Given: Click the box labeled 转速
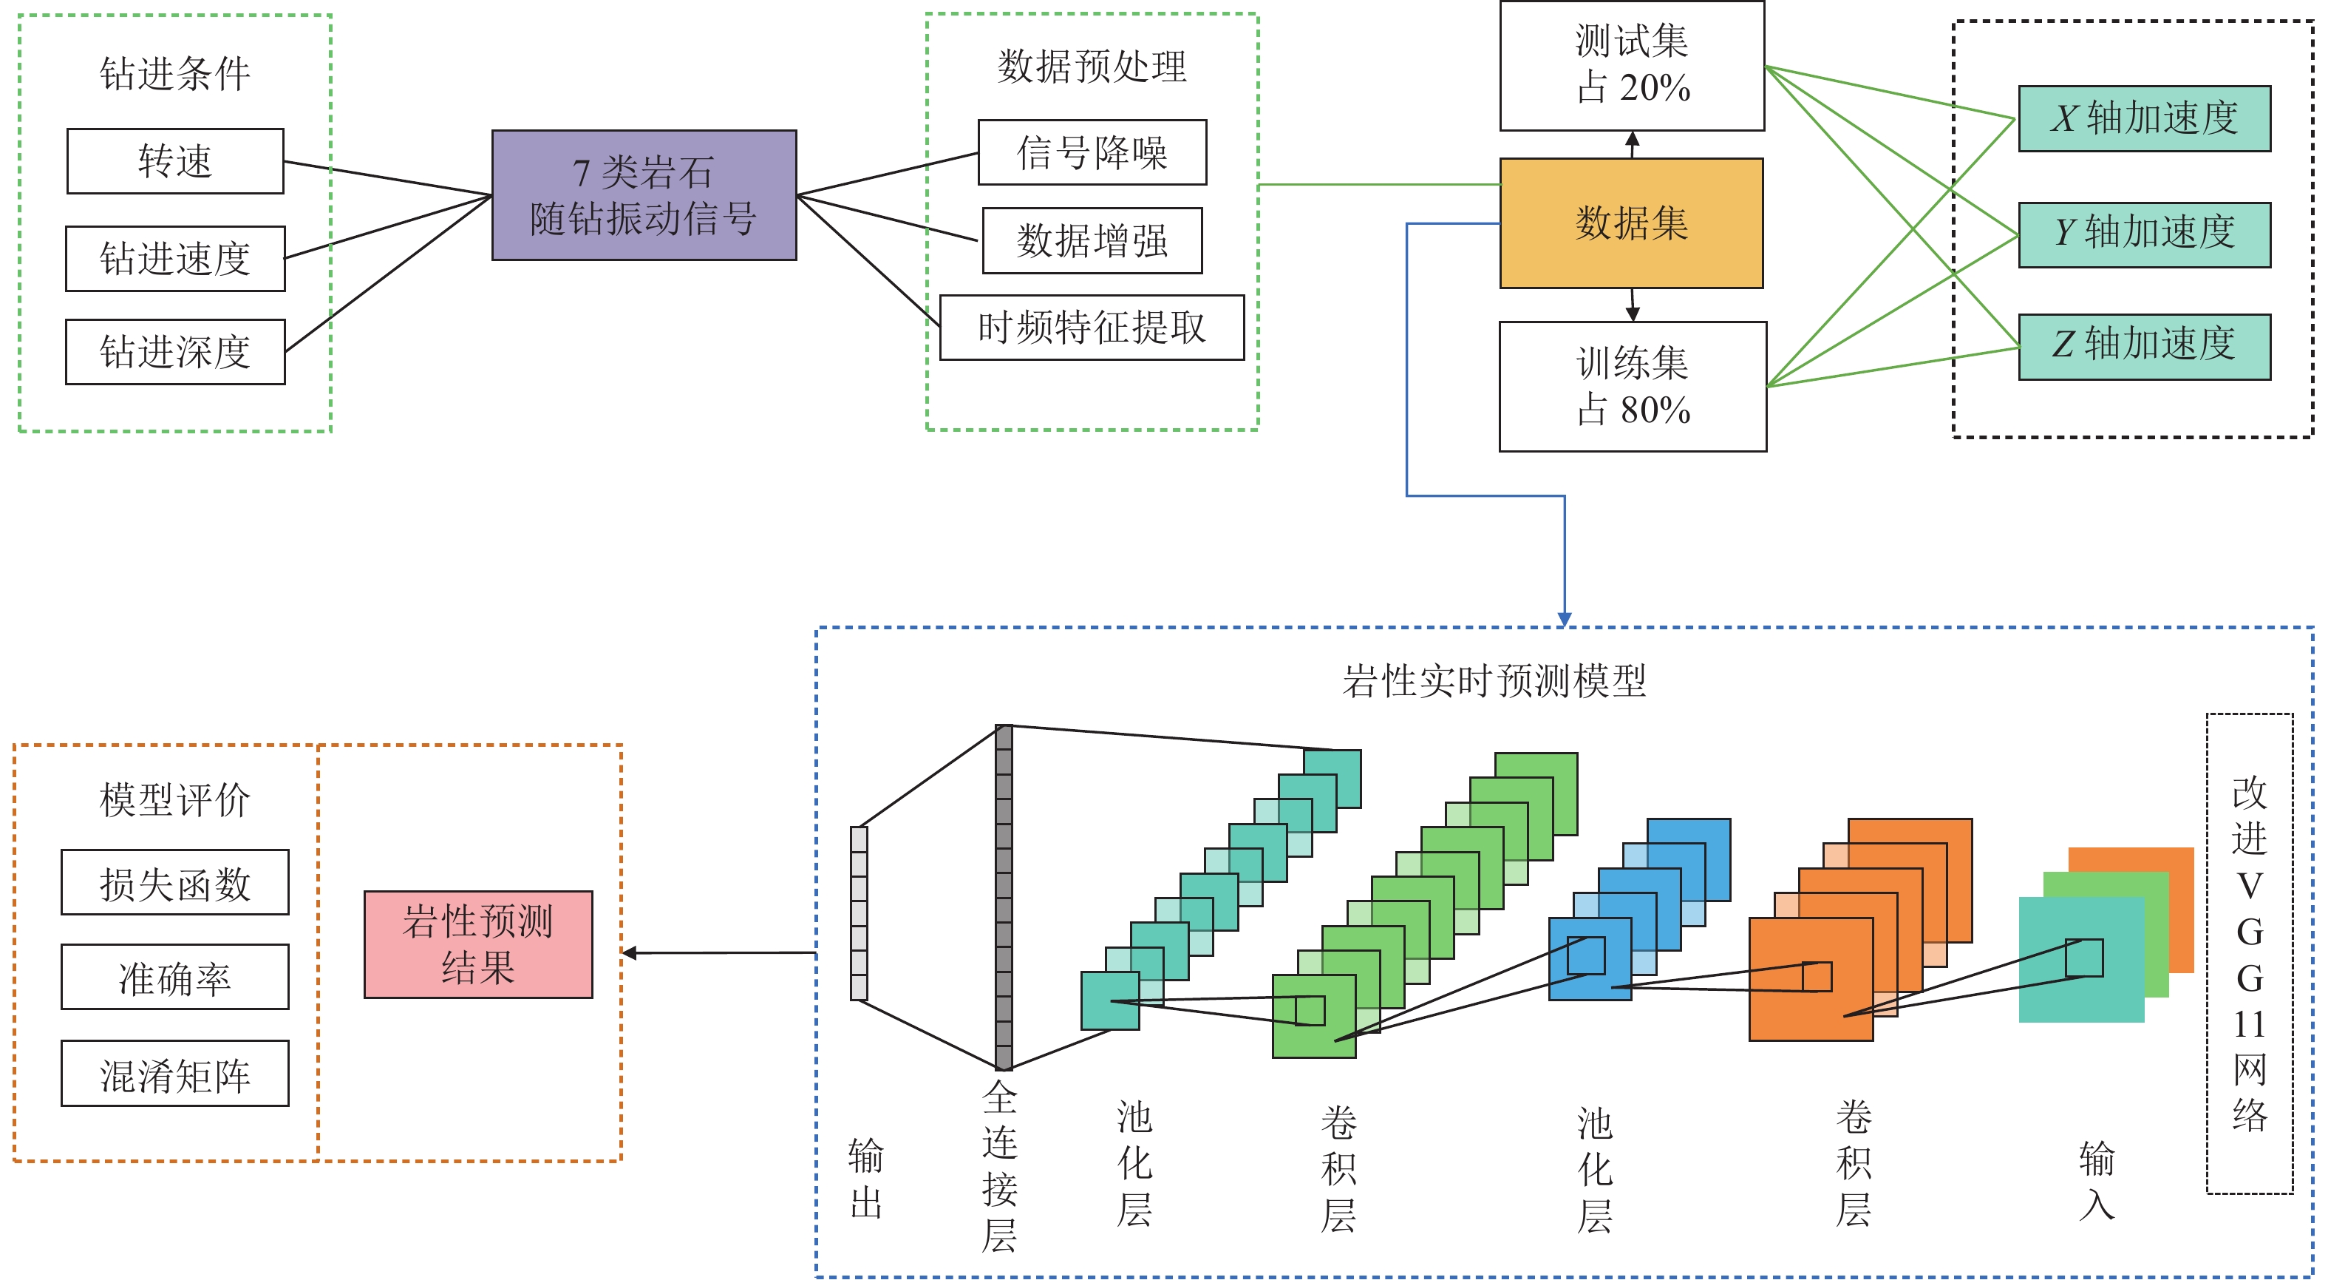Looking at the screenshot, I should [x=175, y=161].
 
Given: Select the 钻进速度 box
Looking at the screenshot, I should [x=175, y=259].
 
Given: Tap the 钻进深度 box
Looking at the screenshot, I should [x=175, y=352].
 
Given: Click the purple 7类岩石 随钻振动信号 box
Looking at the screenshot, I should [x=644, y=195].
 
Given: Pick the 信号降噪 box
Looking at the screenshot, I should [x=1092, y=152].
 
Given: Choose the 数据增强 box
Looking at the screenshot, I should [x=1092, y=240].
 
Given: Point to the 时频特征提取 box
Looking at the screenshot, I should [x=1092, y=328].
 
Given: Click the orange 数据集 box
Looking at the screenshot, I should [x=1631, y=223].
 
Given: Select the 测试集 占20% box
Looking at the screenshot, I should [x=1632, y=65].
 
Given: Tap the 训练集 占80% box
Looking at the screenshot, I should [x=1632, y=387].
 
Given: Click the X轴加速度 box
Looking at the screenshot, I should [x=2144, y=118].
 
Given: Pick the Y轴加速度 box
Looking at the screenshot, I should [x=2144, y=234].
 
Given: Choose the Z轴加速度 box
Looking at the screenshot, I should [x=2144, y=346].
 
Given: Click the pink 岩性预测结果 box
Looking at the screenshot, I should [x=478, y=944].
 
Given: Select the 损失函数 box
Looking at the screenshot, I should [x=175, y=882].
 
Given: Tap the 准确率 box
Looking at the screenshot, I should [x=175, y=977].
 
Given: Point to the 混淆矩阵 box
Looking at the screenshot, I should [x=175, y=1073].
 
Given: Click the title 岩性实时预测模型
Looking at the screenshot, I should [x=1494, y=681].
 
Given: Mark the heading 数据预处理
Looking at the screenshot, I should [x=1092, y=67].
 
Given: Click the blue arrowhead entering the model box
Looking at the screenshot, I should [x=1565, y=619].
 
